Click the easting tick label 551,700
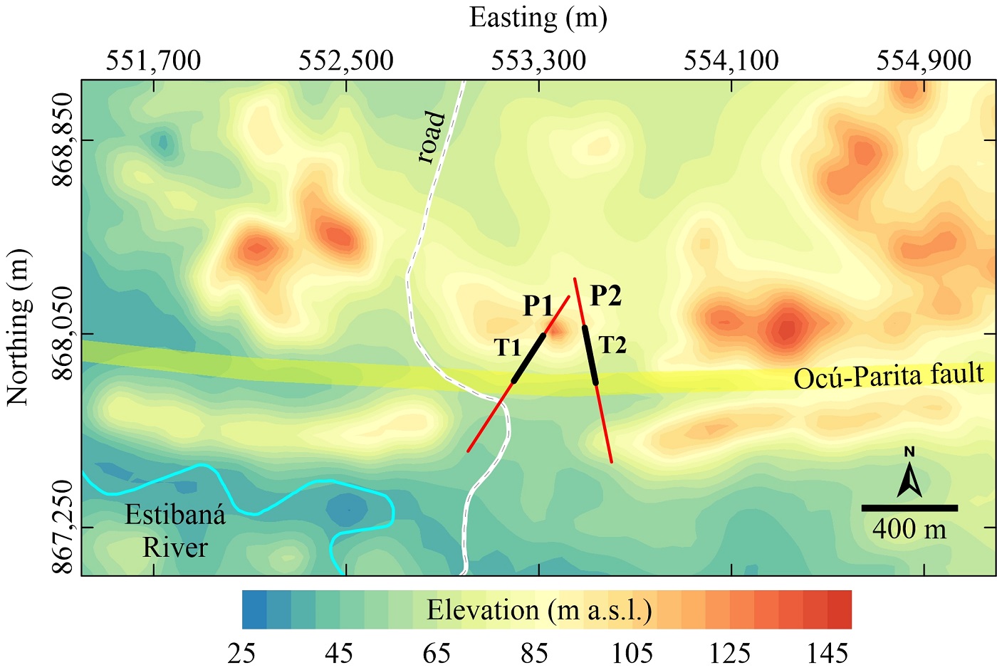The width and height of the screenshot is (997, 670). pos(154,61)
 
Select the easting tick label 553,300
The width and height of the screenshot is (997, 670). pos(538,61)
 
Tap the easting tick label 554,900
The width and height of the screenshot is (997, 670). pos(924,61)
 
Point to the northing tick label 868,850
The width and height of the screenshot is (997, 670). pos(63,140)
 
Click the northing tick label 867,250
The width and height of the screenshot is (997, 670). pos(63,527)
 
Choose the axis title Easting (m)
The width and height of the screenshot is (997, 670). pos(538,17)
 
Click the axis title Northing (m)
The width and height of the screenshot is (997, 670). pos(19,328)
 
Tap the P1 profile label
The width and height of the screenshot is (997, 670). pos(538,305)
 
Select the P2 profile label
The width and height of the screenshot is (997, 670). pos(606,295)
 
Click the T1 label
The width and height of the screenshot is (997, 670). pos(508,347)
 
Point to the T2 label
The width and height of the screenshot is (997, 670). pos(612,345)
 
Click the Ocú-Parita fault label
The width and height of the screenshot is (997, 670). pos(889,375)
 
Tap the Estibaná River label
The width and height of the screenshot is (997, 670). pos(175,530)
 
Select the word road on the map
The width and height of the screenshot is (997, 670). pos(432,137)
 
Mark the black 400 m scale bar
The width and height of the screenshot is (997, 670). pos(909,508)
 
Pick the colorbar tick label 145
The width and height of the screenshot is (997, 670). pos(828,652)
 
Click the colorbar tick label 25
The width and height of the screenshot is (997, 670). pos(241,652)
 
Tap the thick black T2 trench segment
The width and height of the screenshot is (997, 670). pos(590,355)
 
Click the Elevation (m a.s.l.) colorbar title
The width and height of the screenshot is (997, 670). pos(539,611)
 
